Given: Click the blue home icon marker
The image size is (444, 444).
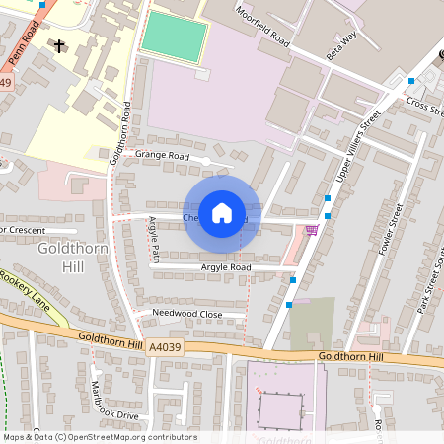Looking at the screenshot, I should coord(222,213).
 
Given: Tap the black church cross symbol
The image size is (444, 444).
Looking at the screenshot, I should coord(59,45).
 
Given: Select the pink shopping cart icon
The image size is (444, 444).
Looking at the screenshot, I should coord(313,230).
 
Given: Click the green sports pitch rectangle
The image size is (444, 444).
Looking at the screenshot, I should coord(174,37).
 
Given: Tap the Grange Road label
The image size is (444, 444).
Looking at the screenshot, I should coord(163,155).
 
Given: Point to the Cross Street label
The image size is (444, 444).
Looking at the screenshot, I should coord(426,110).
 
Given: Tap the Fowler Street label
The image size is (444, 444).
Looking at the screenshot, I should coord(391,229).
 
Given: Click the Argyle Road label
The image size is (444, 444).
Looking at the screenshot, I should coord(226,267).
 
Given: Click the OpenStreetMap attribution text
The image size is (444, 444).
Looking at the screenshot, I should coord(99,437).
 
